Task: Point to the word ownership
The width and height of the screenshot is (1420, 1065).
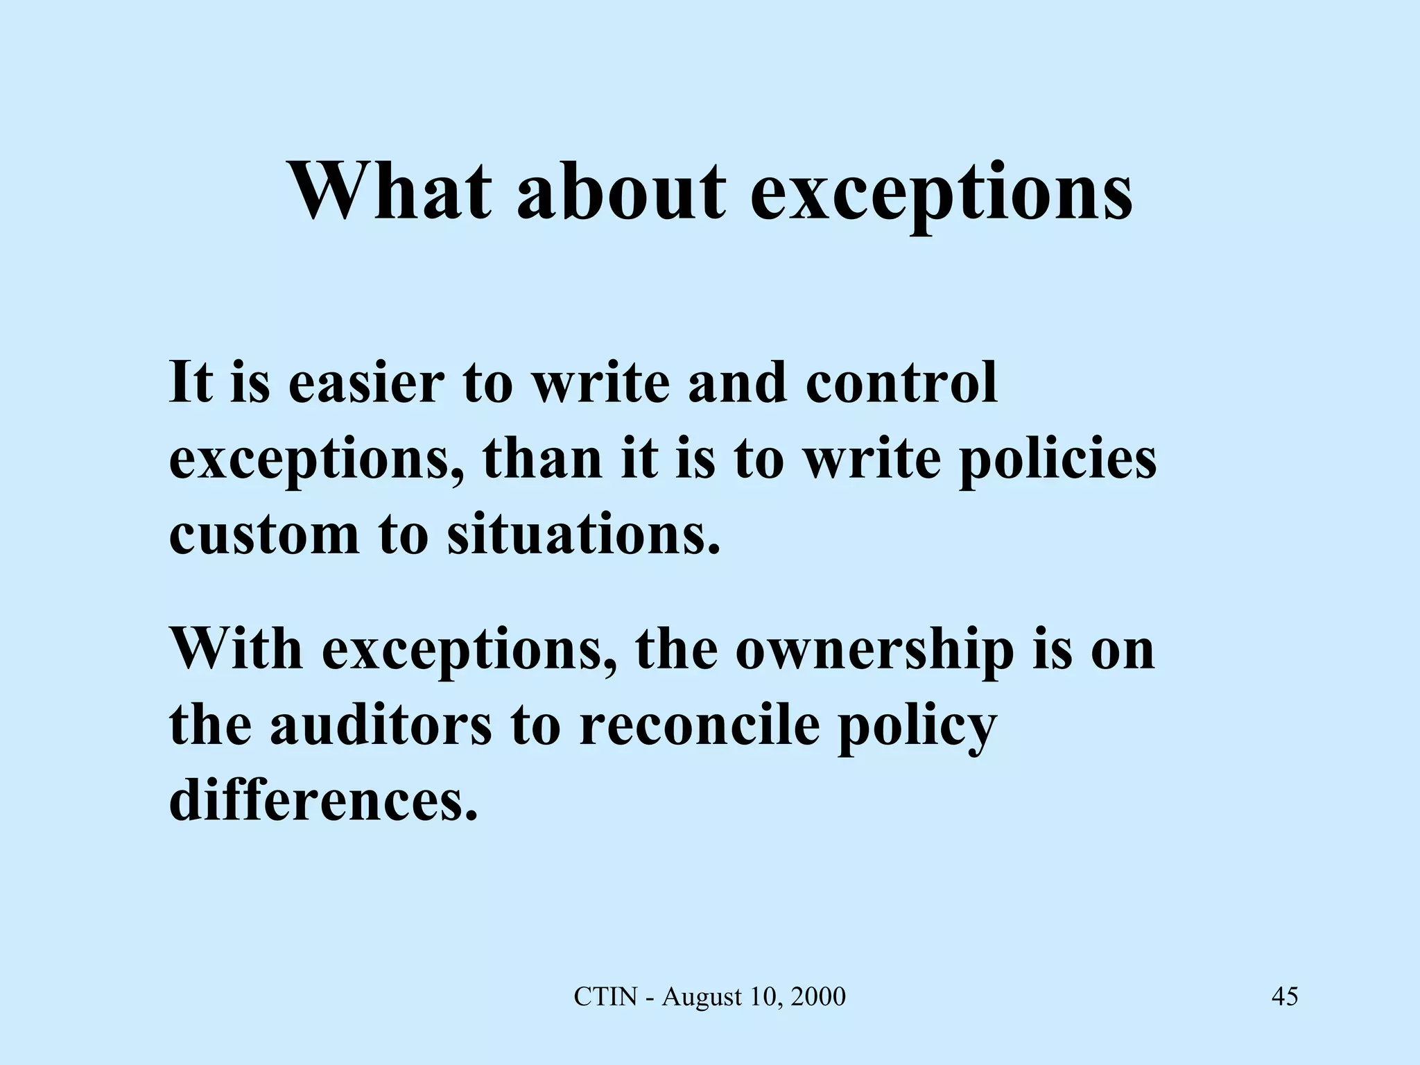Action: pyautogui.click(x=874, y=652)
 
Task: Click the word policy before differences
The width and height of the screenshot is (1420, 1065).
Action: pyautogui.click(x=917, y=728)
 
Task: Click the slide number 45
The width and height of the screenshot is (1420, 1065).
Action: pyautogui.click(x=1285, y=997)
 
